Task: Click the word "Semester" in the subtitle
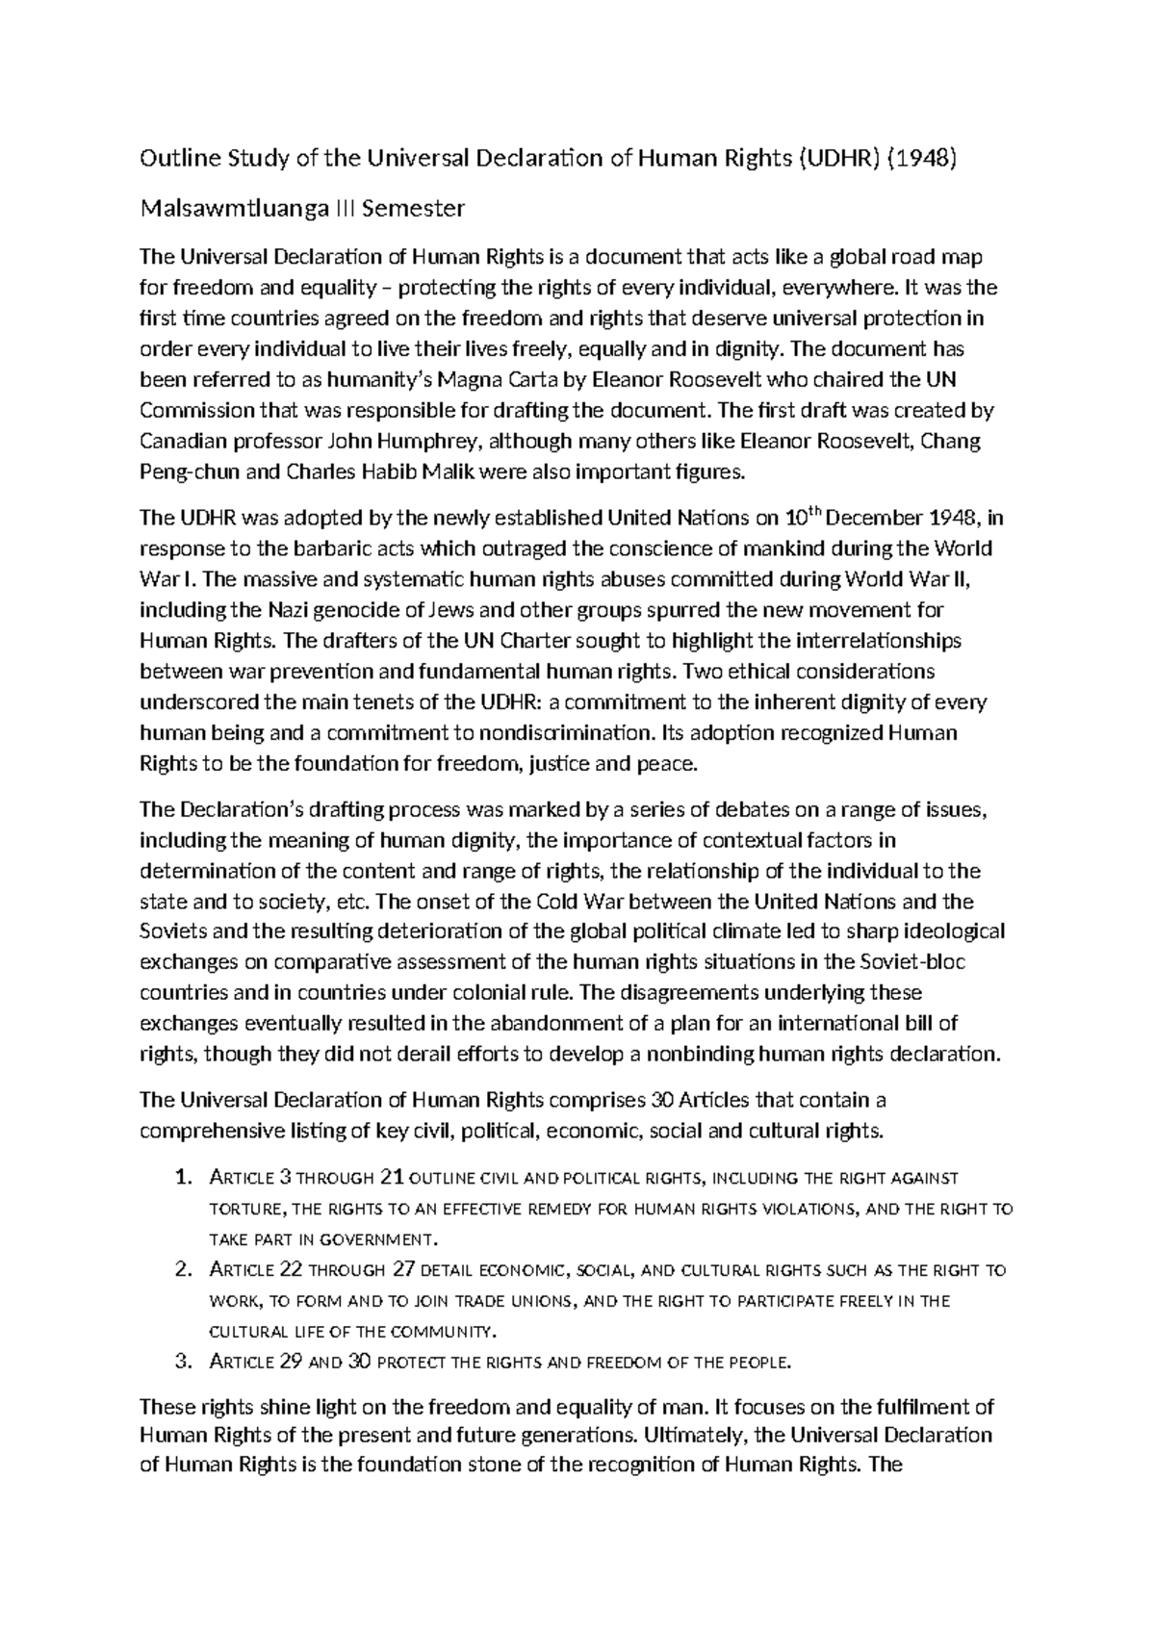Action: point(420,208)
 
